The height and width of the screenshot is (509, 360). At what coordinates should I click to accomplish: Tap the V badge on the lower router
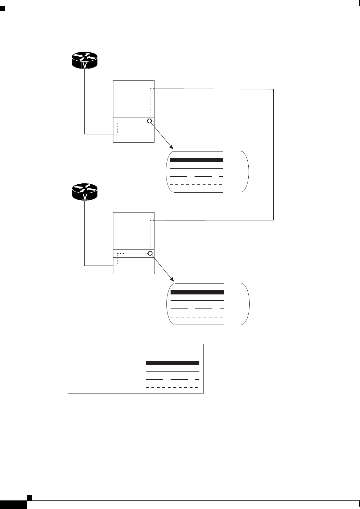coord(85,197)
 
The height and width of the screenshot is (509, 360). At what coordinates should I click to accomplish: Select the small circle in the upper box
coord(149,121)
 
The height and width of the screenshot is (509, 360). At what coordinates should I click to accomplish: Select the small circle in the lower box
coord(149,253)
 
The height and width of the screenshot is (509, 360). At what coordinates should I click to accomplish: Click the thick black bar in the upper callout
coord(197,160)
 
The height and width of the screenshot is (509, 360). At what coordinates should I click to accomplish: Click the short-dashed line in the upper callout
coord(197,185)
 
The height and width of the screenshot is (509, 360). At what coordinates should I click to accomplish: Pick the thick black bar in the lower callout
coord(197,292)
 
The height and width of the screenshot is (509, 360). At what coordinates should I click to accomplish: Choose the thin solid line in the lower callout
coord(197,301)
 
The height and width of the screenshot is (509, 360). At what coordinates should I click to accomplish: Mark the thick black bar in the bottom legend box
coord(173,363)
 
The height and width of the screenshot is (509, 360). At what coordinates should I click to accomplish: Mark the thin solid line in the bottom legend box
coord(173,371)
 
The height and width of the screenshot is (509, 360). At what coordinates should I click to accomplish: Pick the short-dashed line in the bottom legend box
coord(173,388)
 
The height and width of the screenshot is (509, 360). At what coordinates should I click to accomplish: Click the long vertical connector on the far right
coord(274,154)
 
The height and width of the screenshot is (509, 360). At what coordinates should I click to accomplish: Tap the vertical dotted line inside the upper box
coord(150,103)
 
